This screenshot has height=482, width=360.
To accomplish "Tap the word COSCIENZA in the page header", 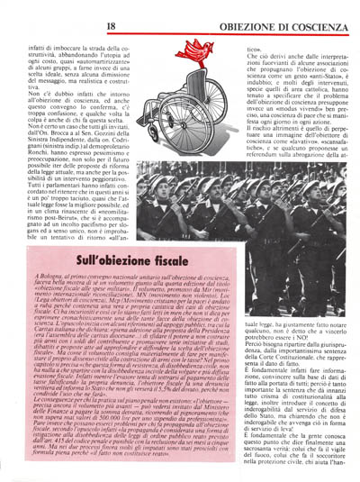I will pos(317,13).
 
